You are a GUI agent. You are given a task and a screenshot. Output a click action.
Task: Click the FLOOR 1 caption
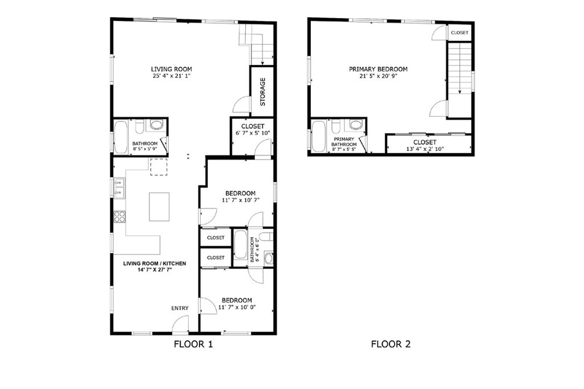click(193, 344)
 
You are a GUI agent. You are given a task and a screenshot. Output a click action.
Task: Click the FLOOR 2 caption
click(391, 344)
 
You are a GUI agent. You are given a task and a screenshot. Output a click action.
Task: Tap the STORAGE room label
click(262, 92)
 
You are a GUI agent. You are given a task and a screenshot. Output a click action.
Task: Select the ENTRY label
click(180, 308)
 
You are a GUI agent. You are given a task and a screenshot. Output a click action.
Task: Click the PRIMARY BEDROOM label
click(378, 69)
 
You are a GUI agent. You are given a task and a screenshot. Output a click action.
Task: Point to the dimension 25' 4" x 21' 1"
click(171, 76)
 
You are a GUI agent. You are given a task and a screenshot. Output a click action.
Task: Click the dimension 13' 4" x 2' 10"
click(424, 149)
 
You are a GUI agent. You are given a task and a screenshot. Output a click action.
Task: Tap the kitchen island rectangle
click(160, 207)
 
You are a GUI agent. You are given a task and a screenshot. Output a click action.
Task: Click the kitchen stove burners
click(120, 216)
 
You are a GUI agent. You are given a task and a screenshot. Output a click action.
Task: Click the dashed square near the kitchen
click(159, 167)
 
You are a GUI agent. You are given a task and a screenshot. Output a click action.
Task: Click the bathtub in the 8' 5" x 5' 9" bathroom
click(120, 137)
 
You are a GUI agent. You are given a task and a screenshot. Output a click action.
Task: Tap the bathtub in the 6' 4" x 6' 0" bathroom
click(240, 245)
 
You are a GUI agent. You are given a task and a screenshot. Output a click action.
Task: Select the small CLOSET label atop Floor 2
click(460, 32)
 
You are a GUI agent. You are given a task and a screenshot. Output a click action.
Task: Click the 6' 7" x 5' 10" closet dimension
click(253, 133)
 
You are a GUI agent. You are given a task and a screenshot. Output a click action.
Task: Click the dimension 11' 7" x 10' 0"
click(237, 307)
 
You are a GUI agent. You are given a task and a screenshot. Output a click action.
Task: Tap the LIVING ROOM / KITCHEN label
click(155, 263)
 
